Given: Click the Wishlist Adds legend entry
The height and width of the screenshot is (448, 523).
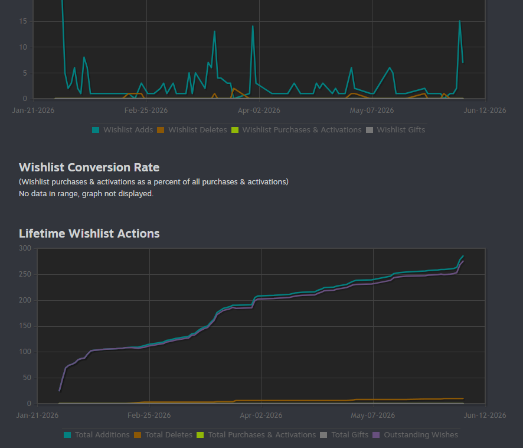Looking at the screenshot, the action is tap(122, 130).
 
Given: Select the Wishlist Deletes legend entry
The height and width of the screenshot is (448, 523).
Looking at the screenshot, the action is tap(192, 130).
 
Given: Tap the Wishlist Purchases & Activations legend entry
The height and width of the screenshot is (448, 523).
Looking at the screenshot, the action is tap(296, 130).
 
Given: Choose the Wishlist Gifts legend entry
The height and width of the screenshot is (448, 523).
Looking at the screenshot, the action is tap(395, 130).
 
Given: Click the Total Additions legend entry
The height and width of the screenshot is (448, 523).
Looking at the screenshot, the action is tap(97, 435).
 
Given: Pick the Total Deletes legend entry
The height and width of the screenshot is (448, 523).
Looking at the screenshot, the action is tap(163, 435).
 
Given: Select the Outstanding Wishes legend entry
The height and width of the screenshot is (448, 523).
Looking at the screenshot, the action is tap(415, 435).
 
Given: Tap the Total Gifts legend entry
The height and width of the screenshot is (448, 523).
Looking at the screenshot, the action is tap(344, 435).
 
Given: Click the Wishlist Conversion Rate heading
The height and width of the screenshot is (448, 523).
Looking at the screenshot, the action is tap(89, 167).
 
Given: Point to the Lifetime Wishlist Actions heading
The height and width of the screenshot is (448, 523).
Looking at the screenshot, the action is tap(89, 233).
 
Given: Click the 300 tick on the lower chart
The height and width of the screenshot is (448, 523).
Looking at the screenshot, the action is tap(25, 248).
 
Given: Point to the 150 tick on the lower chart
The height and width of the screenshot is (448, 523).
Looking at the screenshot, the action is tap(25, 326).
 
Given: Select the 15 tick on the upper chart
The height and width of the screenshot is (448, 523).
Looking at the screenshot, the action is tap(23, 21).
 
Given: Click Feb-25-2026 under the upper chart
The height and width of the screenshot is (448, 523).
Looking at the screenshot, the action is tap(146, 111).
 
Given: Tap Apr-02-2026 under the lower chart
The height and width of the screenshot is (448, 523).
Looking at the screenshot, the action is tap(261, 415).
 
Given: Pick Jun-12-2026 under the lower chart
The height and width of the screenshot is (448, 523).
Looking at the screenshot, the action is tap(485, 415).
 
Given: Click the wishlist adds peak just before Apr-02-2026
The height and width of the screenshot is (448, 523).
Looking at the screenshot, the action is tap(253, 26).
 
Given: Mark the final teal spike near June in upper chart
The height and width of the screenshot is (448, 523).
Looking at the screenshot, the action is tap(460, 21).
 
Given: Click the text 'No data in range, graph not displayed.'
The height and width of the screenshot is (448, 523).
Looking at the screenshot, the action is tap(86, 194).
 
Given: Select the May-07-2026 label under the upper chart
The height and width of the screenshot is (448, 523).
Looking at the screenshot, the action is tap(372, 111).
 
